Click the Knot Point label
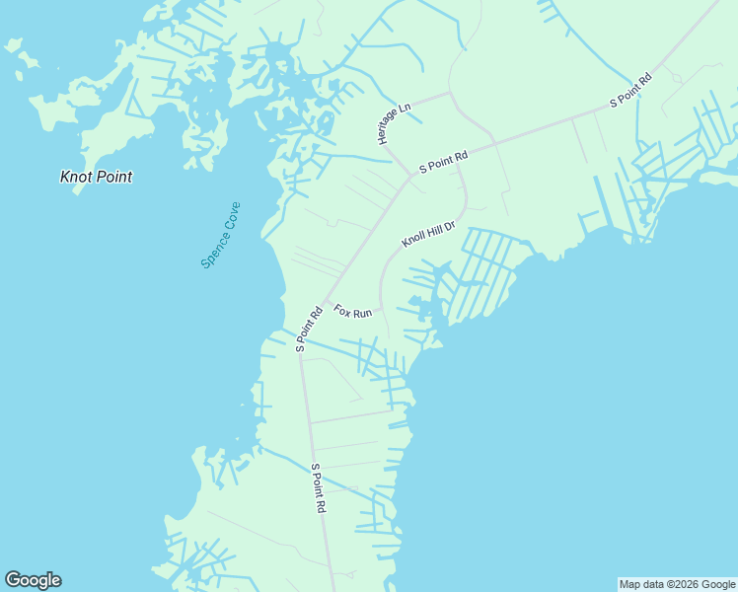96,178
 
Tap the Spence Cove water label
220,235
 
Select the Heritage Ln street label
394,123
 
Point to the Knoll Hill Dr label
428,235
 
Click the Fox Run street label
352,311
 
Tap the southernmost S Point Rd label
318,488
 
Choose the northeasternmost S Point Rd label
630,89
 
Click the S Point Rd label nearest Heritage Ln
443,162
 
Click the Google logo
33,580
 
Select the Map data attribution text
678,584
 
